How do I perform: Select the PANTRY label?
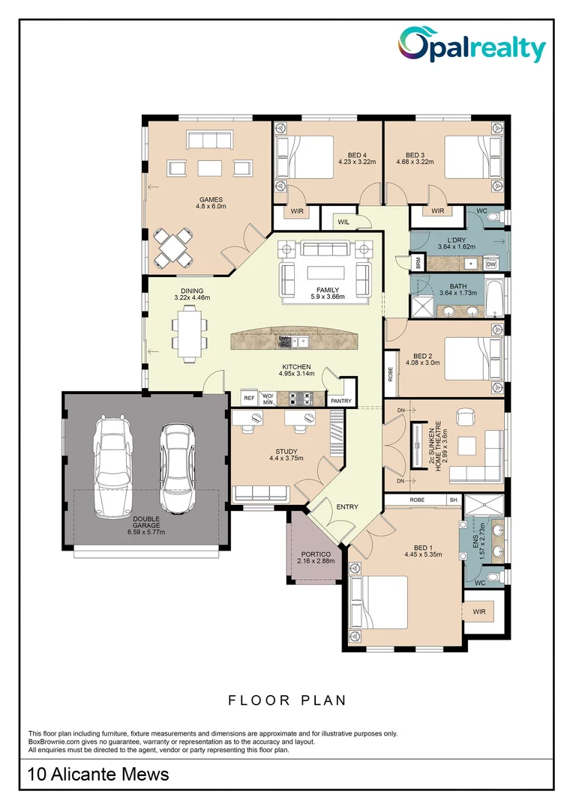(340, 401)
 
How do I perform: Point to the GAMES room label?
(211, 200)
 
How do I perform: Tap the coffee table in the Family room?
(327, 273)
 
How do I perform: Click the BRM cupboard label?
(417, 263)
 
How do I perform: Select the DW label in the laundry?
(491, 264)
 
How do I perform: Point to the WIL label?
(343, 222)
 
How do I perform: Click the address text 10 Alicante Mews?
(98, 774)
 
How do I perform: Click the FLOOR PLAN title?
(287, 700)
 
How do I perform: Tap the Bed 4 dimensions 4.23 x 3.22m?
(356, 161)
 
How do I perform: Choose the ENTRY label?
(346, 507)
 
